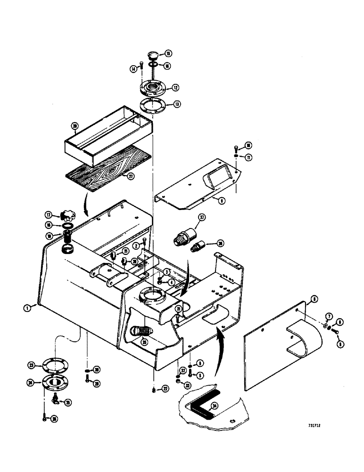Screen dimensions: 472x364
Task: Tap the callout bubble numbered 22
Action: tap(165, 388)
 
